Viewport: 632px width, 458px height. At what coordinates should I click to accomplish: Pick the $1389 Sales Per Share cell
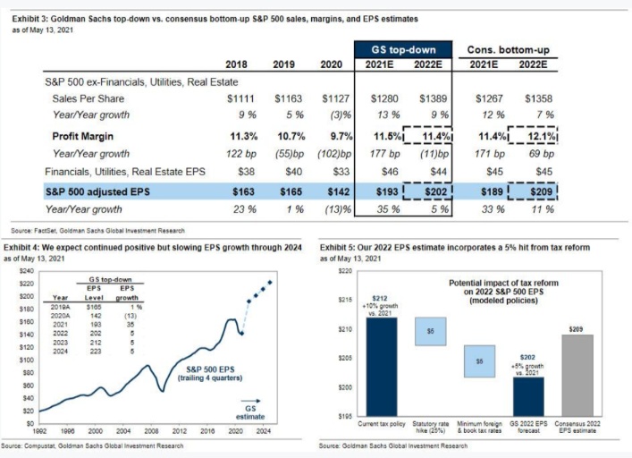(431, 98)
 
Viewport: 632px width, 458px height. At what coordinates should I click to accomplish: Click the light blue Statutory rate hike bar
(430, 332)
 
